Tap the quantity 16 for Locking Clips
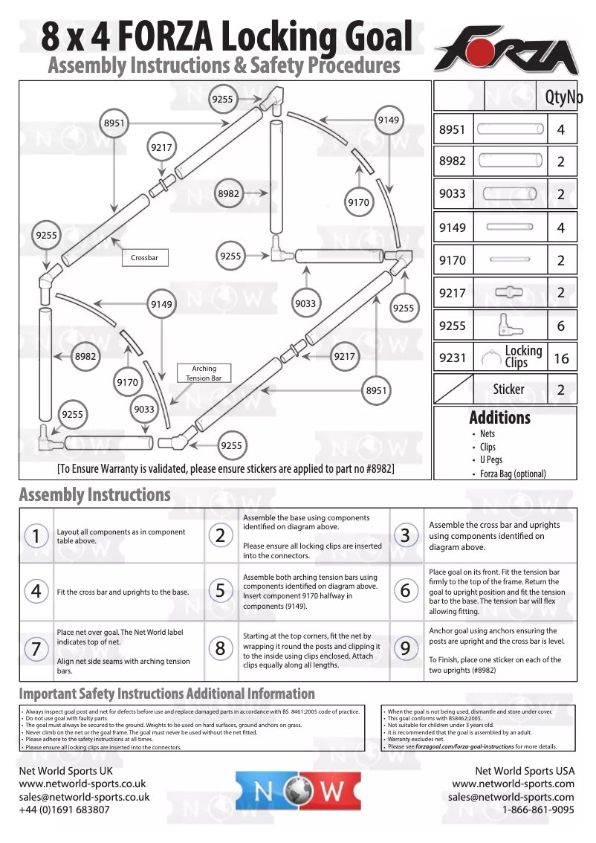tap(561, 358)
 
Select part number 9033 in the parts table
tap(452, 194)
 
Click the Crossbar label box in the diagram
tap(144, 258)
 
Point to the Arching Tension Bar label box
tap(204, 373)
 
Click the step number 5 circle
tap(221, 591)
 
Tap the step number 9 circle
tap(405, 648)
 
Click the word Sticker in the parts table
tap(508, 390)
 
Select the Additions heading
tap(499, 418)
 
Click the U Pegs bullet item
tap(490, 460)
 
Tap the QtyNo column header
tap(563, 97)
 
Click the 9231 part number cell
tap(452, 358)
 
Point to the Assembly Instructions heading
tap(94, 495)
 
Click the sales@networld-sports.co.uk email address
tap(84, 797)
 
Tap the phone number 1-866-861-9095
tap(538, 810)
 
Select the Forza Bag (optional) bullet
tap(512, 474)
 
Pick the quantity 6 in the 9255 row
tap(561, 326)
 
